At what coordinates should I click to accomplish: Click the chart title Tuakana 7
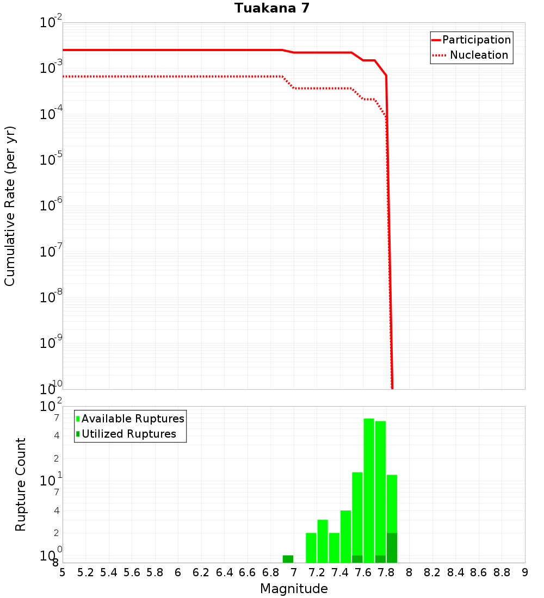[272, 9]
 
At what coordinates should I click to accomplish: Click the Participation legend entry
[476, 40]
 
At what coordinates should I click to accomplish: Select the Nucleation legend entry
[478, 55]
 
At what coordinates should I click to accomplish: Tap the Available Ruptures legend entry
[133, 419]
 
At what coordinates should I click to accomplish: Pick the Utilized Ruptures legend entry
[128, 434]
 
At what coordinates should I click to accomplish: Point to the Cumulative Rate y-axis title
[10, 206]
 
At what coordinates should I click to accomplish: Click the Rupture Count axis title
[21, 484]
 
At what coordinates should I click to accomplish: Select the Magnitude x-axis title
[294, 589]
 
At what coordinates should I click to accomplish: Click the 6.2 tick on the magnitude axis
[201, 572]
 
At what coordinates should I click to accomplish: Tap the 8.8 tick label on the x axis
[502, 572]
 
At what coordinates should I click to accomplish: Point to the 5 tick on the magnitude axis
[63, 572]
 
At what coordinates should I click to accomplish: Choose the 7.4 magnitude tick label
[340, 572]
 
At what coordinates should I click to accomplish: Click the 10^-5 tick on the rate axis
[51, 160]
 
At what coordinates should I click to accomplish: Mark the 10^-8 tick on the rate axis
[51, 297]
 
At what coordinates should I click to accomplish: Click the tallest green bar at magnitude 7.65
[369, 489]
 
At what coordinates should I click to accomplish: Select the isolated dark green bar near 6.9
[288, 559]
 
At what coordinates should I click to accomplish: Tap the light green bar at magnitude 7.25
[323, 541]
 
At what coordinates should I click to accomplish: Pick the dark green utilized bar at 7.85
[392, 548]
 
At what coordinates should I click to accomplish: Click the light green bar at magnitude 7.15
[311, 547]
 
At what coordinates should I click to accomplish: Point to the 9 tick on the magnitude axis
[525, 572]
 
